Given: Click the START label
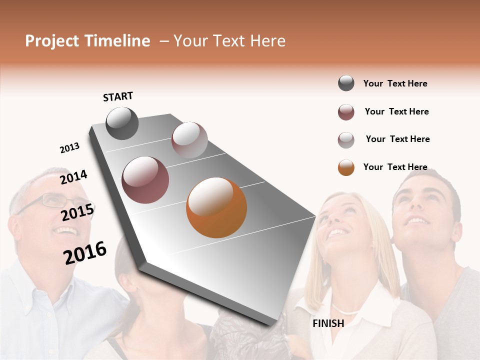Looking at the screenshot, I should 118,96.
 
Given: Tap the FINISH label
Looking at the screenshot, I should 328,323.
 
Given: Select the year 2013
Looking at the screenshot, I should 69,148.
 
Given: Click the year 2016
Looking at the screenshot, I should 85,252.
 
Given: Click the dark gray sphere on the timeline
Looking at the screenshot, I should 122,123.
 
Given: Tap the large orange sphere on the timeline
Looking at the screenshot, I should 216,207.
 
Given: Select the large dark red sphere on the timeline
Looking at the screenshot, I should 145,180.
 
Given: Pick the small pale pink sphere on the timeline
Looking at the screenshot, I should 189,140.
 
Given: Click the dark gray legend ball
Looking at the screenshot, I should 346,83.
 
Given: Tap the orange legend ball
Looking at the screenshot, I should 346,167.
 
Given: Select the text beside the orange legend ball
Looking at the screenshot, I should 395,167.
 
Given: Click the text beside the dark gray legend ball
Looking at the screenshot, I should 395,83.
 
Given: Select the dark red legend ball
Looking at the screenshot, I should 346,112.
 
